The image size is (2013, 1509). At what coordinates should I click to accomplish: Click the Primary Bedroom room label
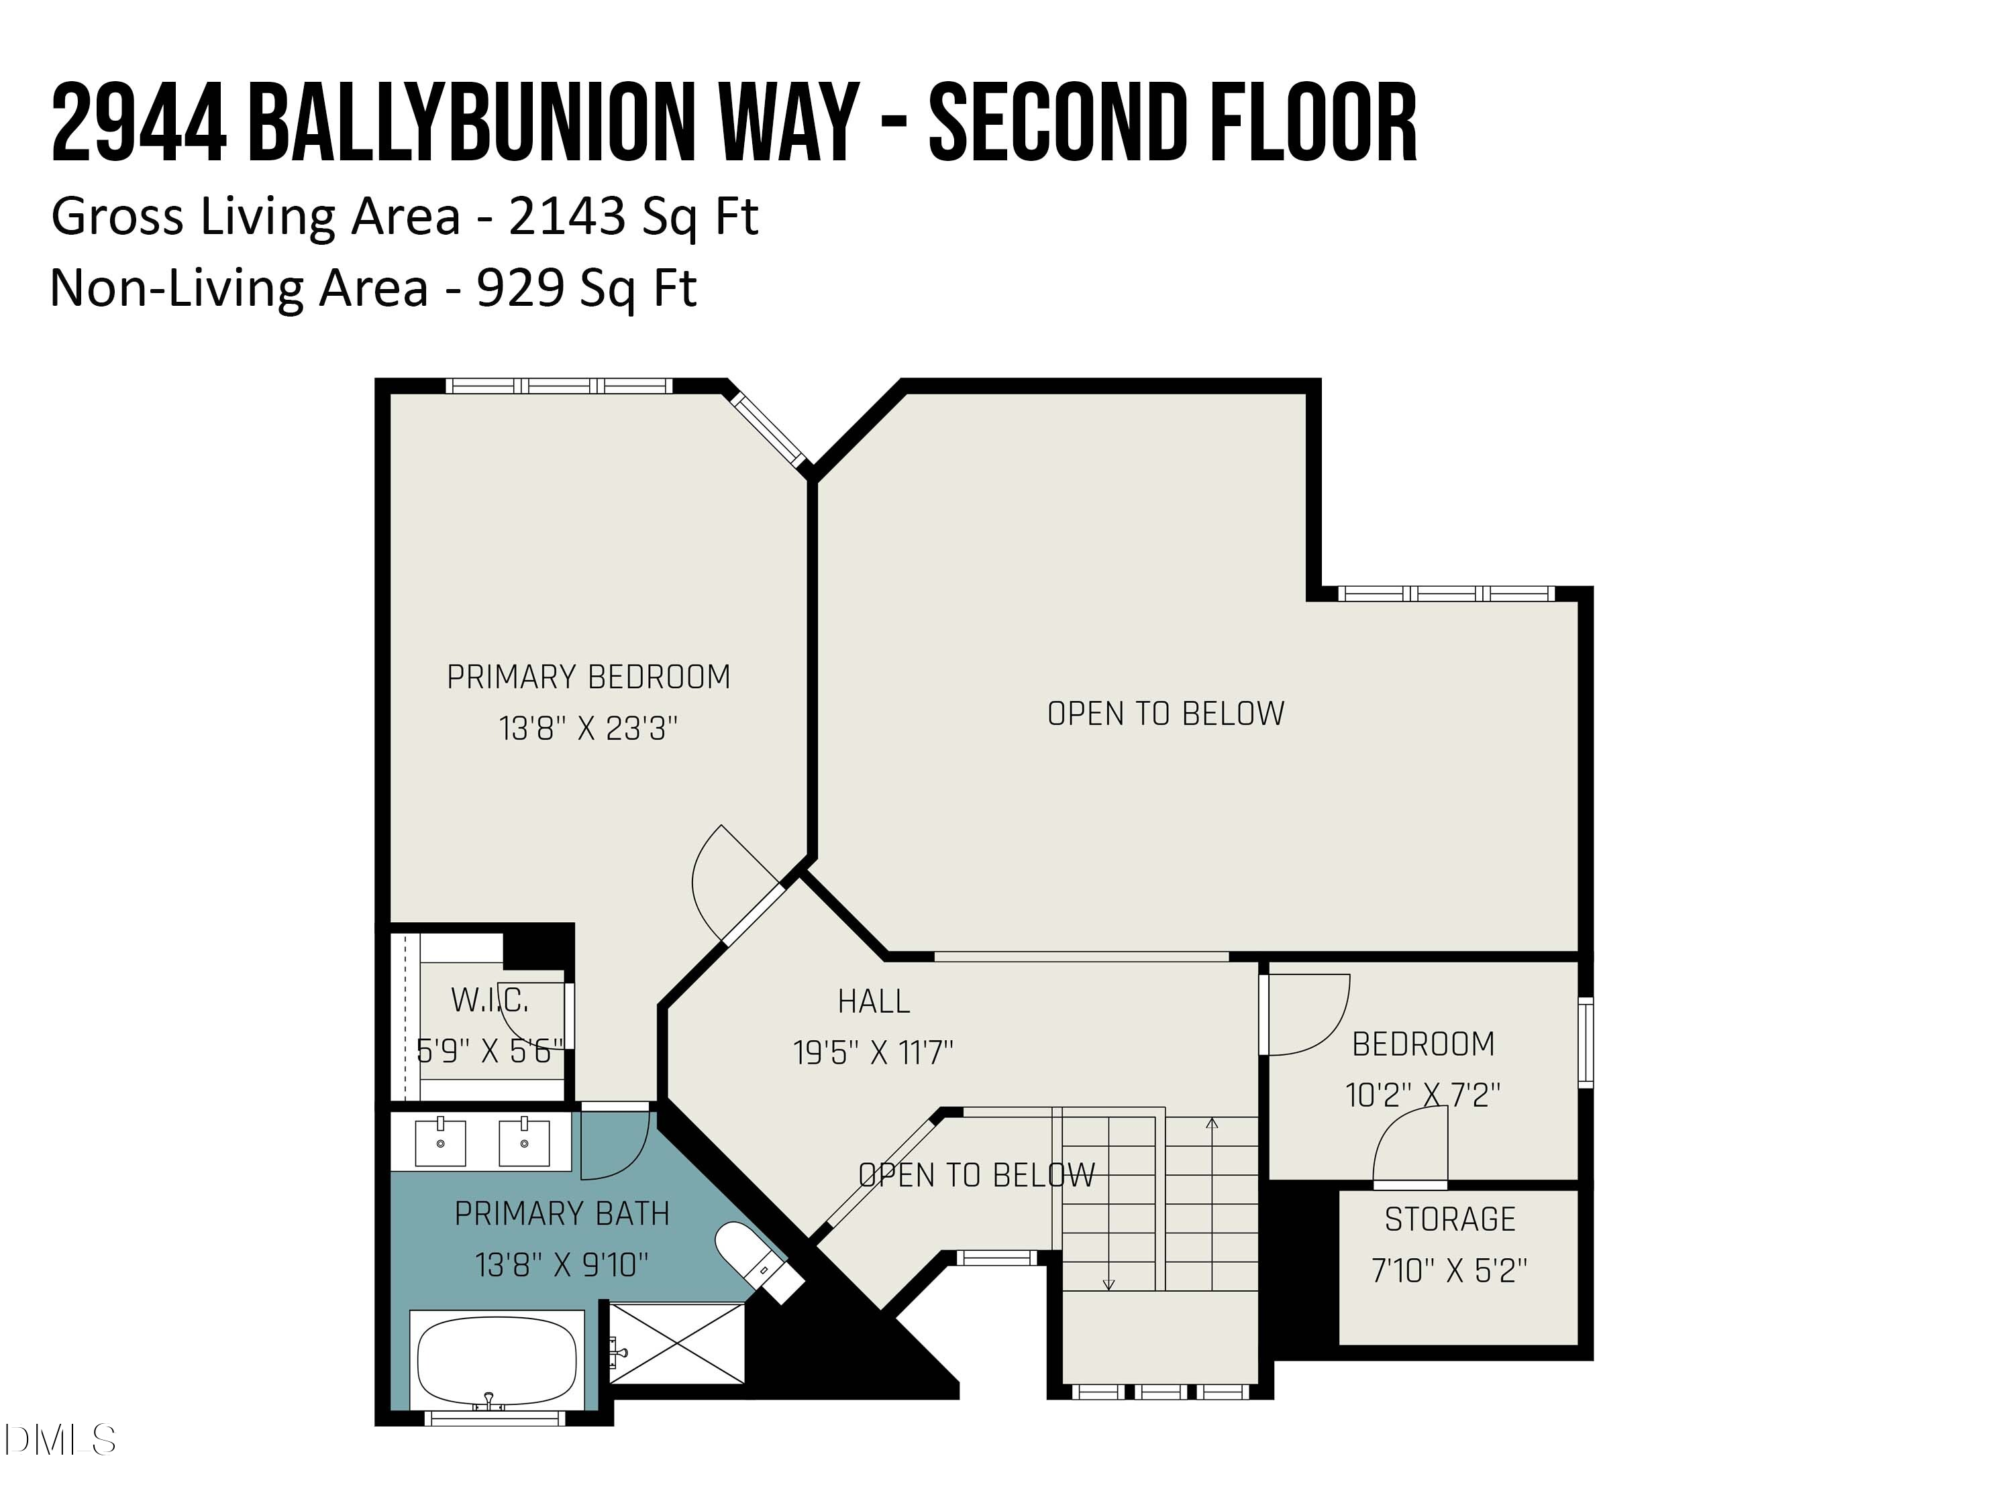588,677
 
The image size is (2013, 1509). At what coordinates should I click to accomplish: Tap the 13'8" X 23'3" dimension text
588,728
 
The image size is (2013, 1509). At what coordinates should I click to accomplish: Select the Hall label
874,1001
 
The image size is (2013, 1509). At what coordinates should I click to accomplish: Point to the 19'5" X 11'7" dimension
874,1052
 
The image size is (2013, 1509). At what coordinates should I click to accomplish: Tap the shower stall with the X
677,1343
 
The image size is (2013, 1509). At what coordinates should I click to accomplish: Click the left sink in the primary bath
440,1142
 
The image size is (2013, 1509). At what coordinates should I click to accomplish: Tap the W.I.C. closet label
490,1001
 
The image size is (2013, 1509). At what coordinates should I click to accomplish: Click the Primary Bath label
562,1213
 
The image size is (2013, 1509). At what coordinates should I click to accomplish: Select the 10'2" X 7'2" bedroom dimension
1423,1095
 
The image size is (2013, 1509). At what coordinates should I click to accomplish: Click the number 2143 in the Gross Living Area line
567,217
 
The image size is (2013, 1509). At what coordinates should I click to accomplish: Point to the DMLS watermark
59,1440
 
